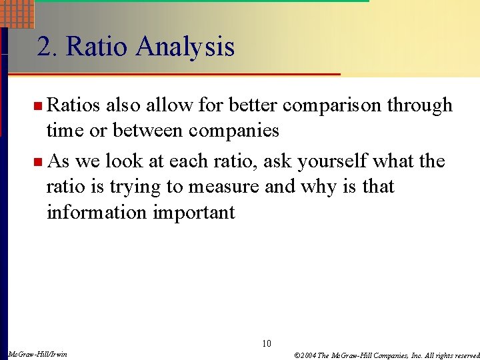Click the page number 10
267,344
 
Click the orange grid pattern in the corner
17,12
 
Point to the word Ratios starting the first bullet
73,105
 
